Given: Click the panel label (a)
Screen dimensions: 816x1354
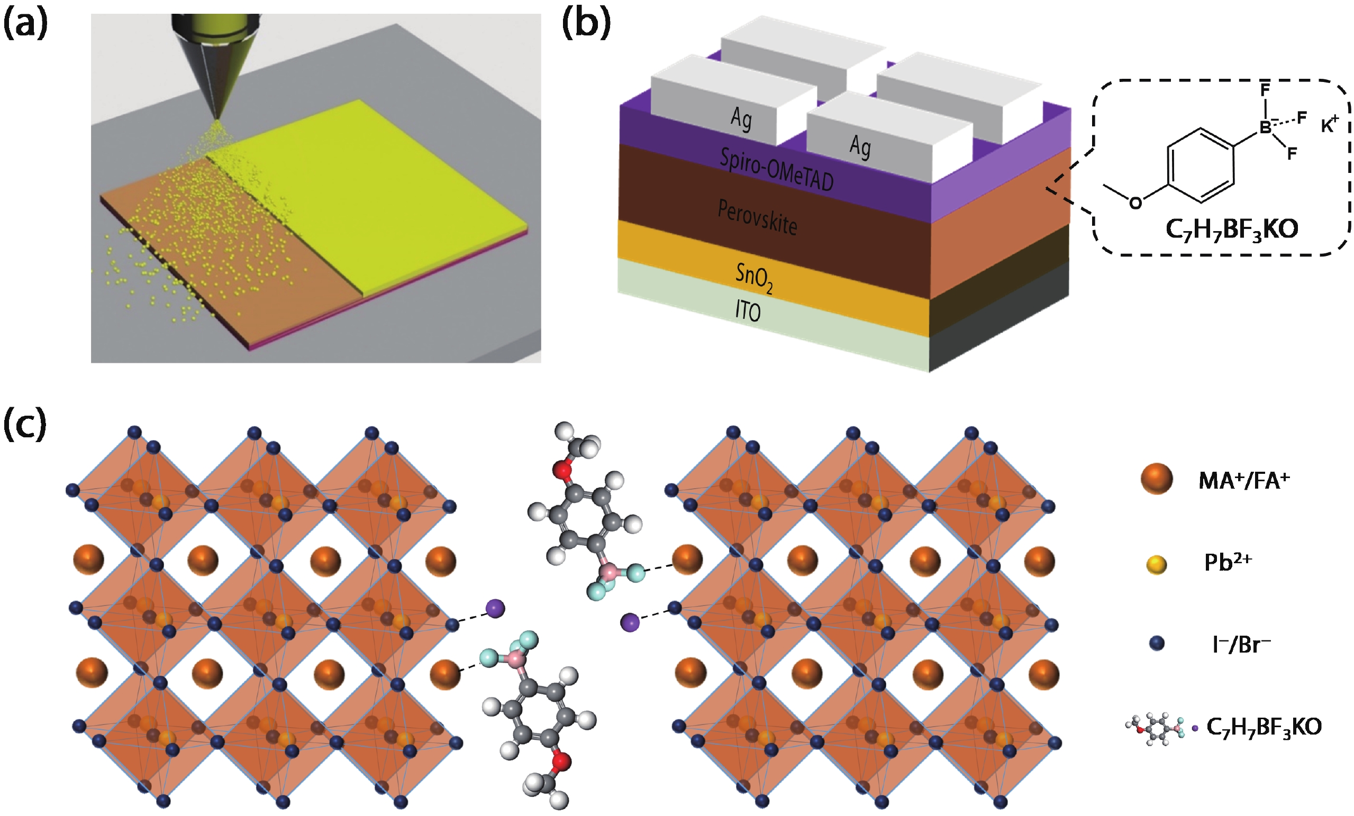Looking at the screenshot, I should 25,24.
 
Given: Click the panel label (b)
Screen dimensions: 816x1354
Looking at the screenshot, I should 586,24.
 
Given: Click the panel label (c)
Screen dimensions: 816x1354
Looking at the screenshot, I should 25,425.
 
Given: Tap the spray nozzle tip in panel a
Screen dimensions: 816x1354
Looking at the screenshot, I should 217,116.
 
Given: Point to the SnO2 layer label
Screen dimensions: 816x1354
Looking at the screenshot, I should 754,278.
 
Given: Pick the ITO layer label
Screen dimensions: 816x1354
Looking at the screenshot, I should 748,311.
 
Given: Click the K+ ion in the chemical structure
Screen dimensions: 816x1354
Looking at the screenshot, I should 1329,125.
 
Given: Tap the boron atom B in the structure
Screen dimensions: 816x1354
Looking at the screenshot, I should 1266,127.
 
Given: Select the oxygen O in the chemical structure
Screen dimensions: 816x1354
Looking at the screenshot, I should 1135,203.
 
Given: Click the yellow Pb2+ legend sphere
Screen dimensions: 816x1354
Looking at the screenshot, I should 1157,564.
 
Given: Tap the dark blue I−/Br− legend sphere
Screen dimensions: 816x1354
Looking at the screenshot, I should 1157,644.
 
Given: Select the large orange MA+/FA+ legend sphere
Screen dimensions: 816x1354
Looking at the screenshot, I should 1157,479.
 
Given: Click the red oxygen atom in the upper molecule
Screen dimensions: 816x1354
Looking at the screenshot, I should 561,470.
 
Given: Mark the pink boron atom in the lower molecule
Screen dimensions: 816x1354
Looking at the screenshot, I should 515,658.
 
